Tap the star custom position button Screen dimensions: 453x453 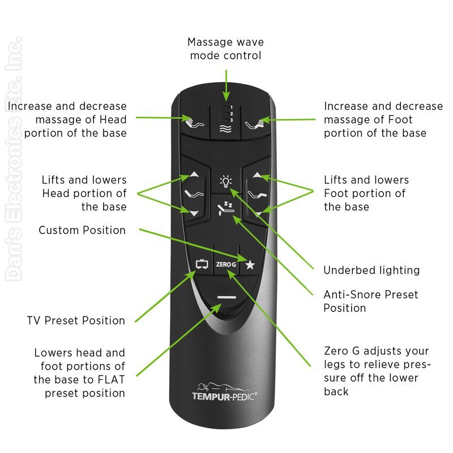(250, 263)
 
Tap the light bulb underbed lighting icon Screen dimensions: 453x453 (226, 181)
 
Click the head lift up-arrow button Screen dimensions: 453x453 (194, 176)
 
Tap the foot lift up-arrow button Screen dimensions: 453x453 (258, 176)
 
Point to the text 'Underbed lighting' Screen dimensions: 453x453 (371, 270)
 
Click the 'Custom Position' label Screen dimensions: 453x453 (82, 230)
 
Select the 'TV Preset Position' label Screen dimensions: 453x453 (76, 320)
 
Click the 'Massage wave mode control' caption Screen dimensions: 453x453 (225, 49)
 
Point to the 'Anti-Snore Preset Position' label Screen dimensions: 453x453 (370, 301)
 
